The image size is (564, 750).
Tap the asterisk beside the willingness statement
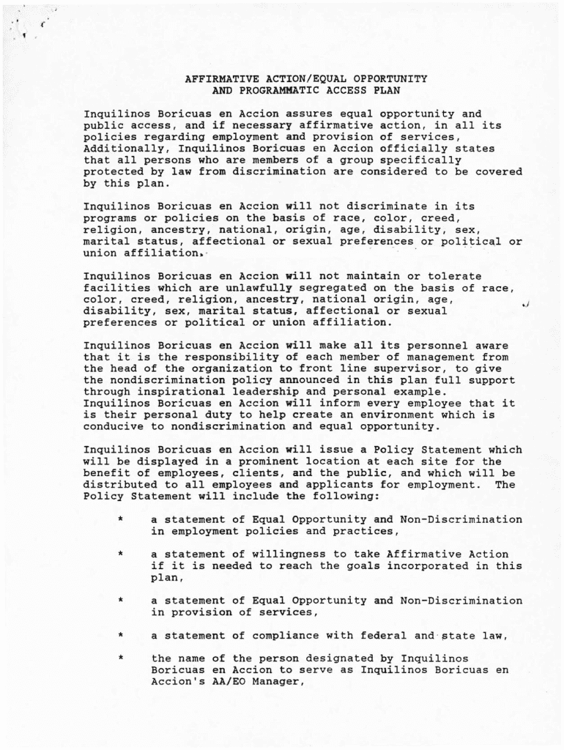point(119,554)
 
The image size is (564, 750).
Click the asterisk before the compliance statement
point(119,636)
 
